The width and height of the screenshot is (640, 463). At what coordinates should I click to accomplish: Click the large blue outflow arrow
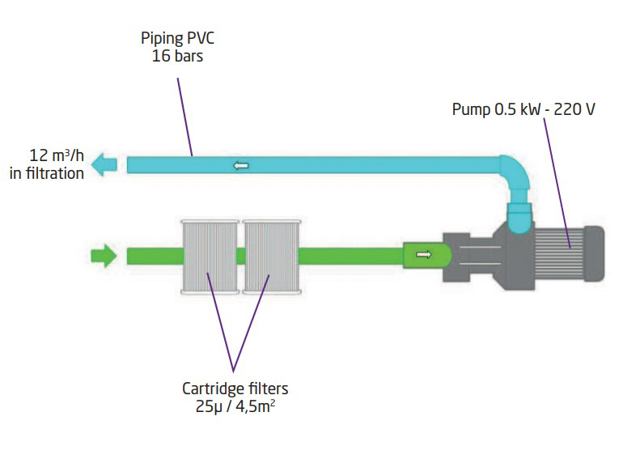(x=104, y=164)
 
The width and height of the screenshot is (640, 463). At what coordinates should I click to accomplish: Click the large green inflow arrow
(x=104, y=256)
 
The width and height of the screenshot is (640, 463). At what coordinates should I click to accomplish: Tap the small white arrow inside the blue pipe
(x=241, y=165)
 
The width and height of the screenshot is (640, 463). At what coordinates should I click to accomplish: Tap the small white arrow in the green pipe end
(x=424, y=255)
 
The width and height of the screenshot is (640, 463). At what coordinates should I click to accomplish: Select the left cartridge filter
(x=210, y=257)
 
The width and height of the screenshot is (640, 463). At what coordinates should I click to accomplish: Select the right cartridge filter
(x=272, y=257)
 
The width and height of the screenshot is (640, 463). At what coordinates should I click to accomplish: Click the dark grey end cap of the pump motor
(x=594, y=253)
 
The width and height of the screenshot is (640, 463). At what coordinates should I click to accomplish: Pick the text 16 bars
(x=177, y=56)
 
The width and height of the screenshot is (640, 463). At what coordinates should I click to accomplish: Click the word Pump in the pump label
(x=471, y=109)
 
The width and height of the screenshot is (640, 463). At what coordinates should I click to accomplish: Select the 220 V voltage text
(x=574, y=109)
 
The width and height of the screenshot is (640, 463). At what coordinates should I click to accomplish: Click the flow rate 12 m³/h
(x=57, y=155)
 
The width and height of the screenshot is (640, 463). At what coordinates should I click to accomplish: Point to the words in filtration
(x=47, y=173)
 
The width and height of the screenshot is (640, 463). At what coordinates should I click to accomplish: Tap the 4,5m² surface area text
(x=255, y=406)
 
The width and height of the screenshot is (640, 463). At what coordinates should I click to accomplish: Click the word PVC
(x=201, y=38)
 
